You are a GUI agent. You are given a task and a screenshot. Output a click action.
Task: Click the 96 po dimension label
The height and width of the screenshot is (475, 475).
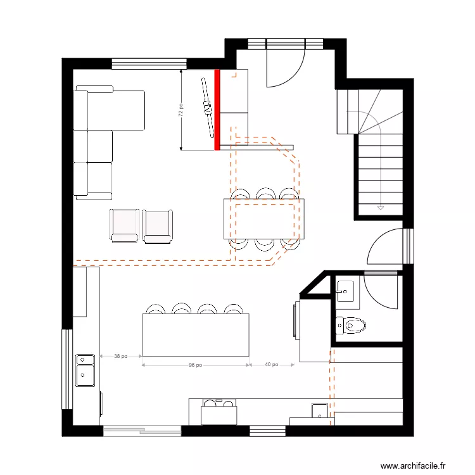pyautogui.click(x=195, y=365)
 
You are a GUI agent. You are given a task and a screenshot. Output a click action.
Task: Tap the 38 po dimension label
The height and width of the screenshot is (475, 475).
pyautogui.click(x=120, y=356)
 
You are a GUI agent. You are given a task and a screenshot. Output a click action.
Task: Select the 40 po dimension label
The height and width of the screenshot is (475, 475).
pyautogui.click(x=271, y=365)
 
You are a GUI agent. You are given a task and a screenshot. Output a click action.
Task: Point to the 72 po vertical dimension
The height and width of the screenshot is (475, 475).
pyautogui.click(x=181, y=111)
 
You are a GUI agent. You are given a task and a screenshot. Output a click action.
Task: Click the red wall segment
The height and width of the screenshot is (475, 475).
pyautogui.click(x=217, y=110)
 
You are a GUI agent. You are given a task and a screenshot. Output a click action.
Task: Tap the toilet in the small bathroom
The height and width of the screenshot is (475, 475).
pyautogui.click(x=351, y=326)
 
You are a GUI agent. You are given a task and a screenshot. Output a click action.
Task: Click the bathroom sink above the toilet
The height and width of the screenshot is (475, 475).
pyautogui.click(x=346, y=291)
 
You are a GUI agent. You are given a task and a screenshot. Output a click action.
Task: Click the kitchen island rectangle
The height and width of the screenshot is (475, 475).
pyautogui.click(x=195, y=334)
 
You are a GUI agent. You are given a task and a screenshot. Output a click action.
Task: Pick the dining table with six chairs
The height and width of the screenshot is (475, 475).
pyautogui.click(x=263, y=219)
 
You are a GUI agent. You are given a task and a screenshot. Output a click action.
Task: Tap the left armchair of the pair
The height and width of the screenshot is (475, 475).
pyautogui.click(x=124, y=225)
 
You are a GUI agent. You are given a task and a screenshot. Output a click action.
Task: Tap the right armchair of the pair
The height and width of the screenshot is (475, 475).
pyautogui.click(x=157, y=225)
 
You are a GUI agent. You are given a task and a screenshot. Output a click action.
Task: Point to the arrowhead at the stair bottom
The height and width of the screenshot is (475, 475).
pyautogui.click(x=380, y=206)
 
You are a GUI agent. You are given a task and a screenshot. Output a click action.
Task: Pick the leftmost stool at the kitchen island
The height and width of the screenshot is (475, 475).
pyautogui.click(x=155, y=309)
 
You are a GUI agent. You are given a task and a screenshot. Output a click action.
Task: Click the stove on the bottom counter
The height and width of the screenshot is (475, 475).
pyautogui.click(x=218, y=413)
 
